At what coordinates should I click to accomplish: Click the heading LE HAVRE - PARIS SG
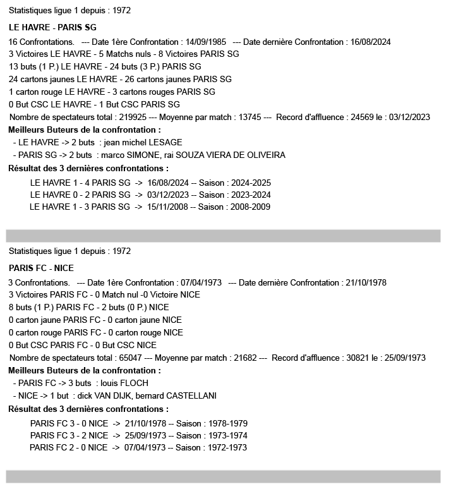click(x=52, y=27)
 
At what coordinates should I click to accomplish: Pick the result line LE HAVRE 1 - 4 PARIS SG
click(x=80, y=183)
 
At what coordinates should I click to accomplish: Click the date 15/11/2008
click(x=167, y=207)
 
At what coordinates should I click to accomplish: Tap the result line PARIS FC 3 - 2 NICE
click(x=69, y=435)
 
